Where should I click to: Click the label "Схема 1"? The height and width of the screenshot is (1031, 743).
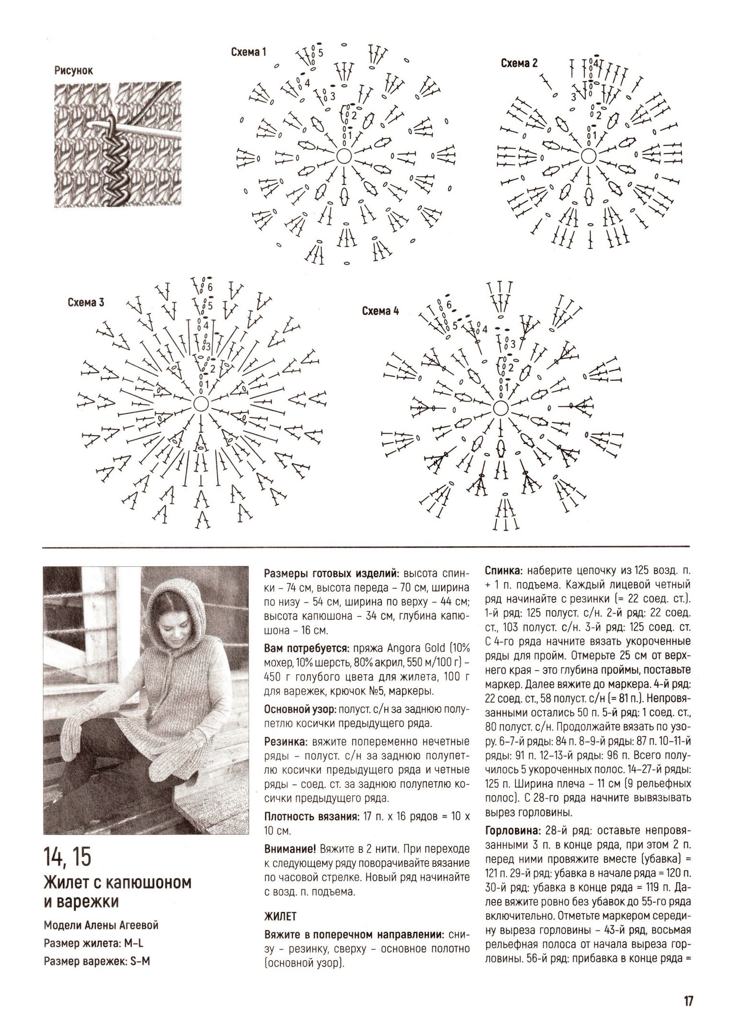click(x=249, y=52)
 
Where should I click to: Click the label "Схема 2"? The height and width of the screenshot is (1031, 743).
click(x=519, y=63)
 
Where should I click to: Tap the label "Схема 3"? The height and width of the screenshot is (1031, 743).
click(x=86, y=303)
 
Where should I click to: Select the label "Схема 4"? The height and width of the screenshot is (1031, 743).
click(x=380, y=312)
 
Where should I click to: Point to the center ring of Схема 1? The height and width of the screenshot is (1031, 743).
click(x=344, y=156)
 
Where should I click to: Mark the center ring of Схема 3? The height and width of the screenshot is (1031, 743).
click(x=201, y=403)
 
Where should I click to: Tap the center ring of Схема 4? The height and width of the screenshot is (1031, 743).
click(x=501, y=408)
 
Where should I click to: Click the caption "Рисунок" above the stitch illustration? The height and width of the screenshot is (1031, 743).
click(x=74, y=71)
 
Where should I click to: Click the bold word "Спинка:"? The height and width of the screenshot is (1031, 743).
click(x=505, y=572)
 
